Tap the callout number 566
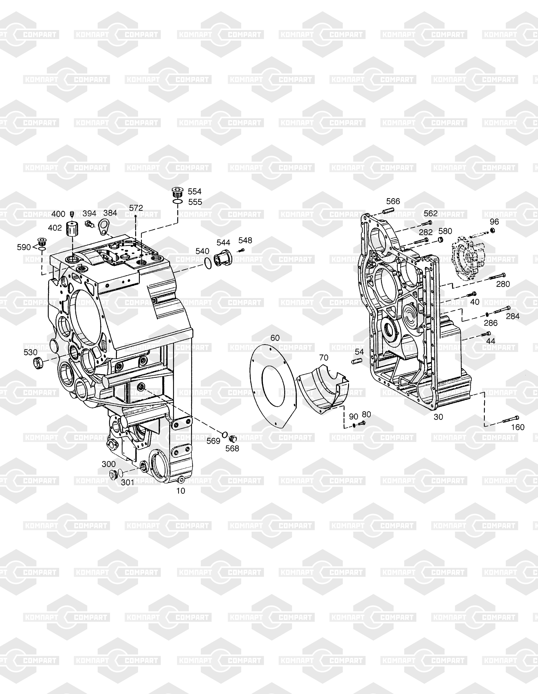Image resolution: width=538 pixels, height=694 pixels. point(393,201)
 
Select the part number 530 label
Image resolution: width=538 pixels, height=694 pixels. point(31,352)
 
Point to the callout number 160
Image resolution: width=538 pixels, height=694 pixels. point(518,427)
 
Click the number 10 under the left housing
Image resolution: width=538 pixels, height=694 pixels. point(181,491)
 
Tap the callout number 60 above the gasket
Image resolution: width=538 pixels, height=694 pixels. point(275,338)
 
